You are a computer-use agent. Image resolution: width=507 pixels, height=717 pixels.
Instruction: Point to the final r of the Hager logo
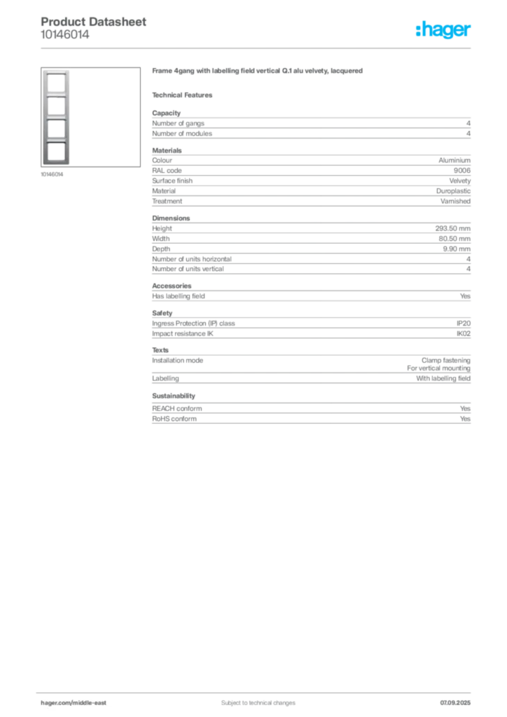coord(470,32)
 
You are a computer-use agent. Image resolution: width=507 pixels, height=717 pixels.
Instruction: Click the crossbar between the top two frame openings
coord(55,95)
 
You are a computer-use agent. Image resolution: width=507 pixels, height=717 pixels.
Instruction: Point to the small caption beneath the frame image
coord(54,175)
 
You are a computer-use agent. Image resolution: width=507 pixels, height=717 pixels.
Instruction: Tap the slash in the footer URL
coord(70,702)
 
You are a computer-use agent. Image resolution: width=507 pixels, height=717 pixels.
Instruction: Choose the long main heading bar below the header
coord(257,72)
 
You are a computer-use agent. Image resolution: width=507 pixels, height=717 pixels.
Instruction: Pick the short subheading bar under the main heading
coord(185,95)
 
